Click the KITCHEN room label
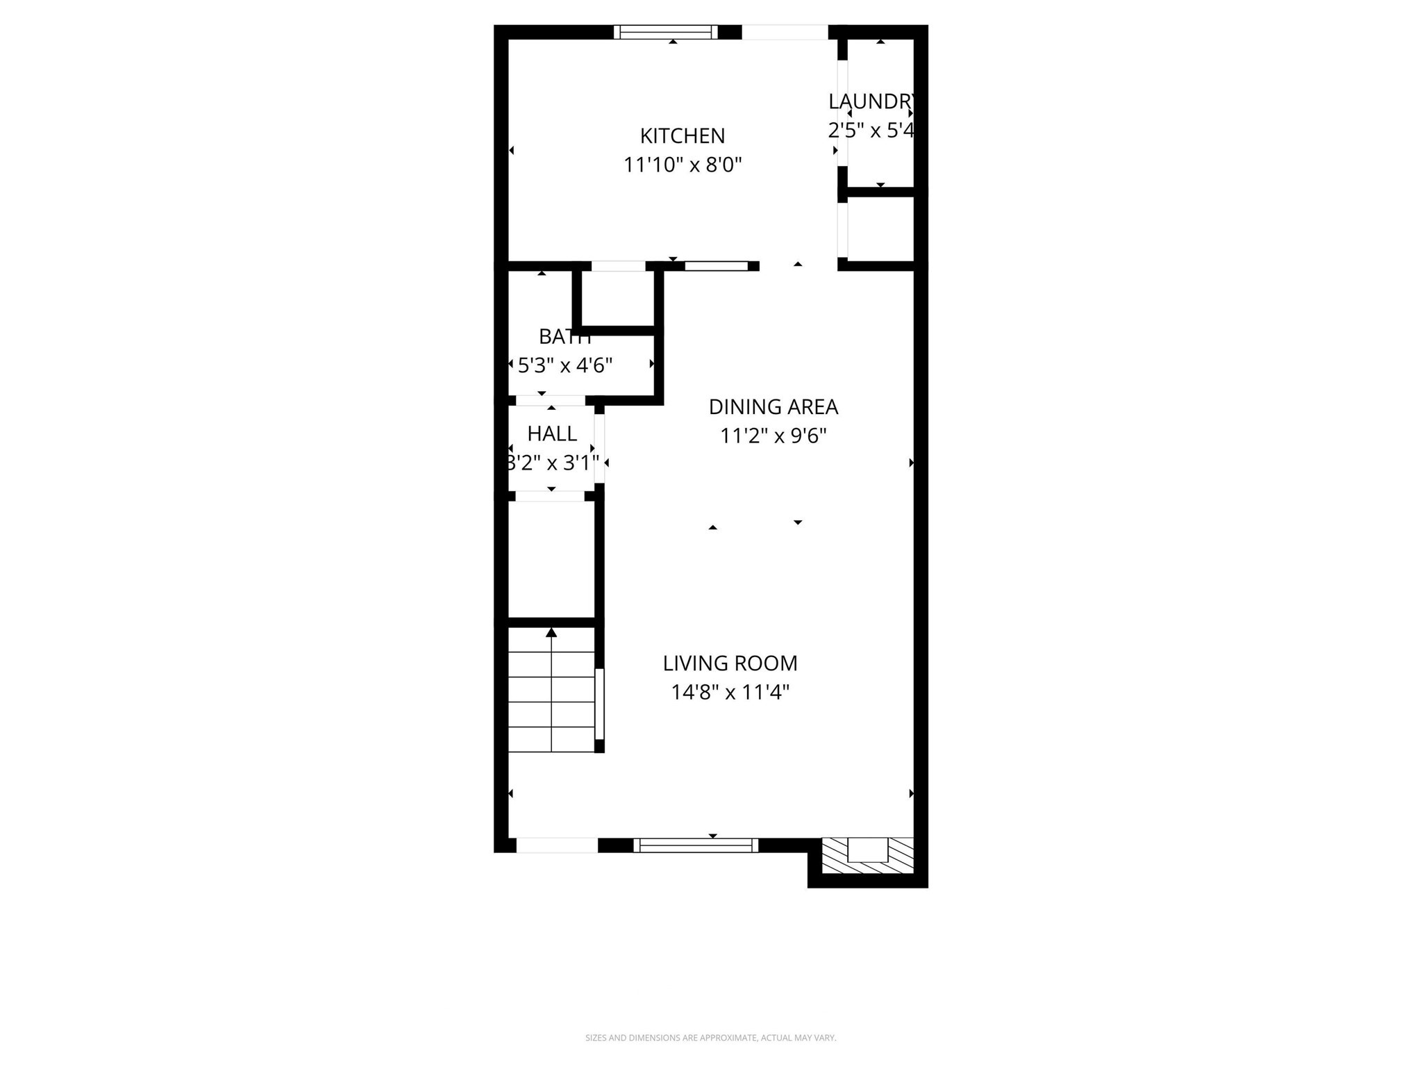(x=682, y=135)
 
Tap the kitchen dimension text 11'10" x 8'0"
(x=682, y=165)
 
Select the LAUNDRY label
(x=871, y=101)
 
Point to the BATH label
(x=564, y=337)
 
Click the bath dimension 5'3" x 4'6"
(x=564, y=365)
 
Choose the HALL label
(x=552, y=433)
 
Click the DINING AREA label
(x=773, y=407)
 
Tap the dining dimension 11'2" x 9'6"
(x=773, y=436)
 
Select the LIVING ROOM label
(x=730, y=663)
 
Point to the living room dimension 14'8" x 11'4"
(x=730, y=693)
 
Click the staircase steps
(x=551, y=702)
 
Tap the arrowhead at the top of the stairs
(x=551, y=632)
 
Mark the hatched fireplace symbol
(x=867, y=855)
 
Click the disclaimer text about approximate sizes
(x=710, y=1038)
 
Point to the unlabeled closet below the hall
(x=551, y=559)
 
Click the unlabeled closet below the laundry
(x=880, y=229)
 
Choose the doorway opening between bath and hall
(x=551, y=401)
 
